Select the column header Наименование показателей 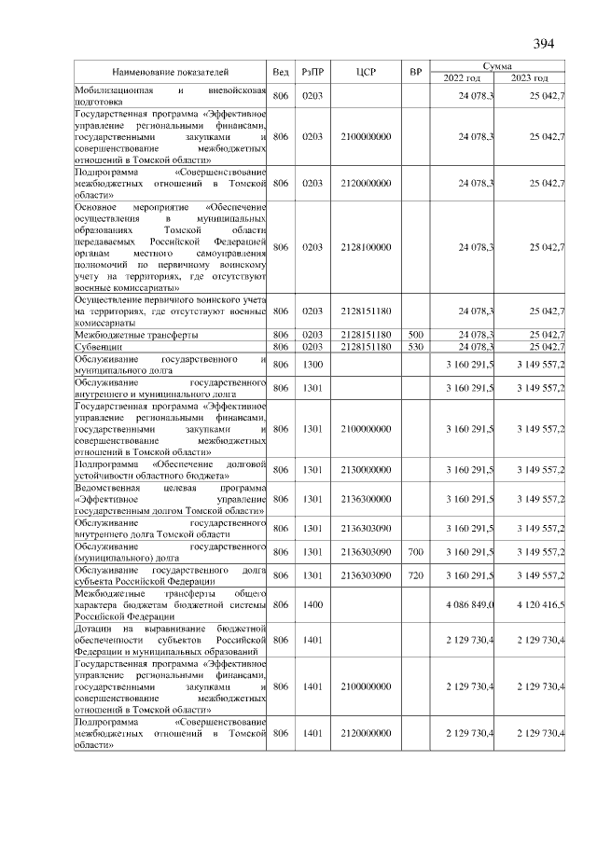point(171,73)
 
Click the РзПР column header point(312,73)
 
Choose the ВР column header point(416,73)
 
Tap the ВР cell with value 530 point(416,346)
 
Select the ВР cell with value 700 point(416,552)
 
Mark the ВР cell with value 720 point(416,575)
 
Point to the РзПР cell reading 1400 point(312,604)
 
